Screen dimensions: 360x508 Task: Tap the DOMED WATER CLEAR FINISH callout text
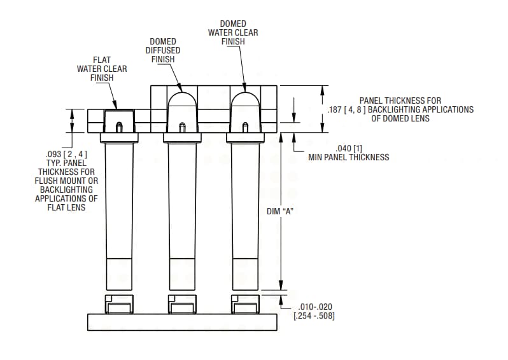click(x=234, y=32)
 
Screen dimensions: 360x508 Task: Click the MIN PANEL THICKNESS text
click(x=348, y=157)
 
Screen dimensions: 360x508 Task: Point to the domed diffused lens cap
click(x=181, y=102)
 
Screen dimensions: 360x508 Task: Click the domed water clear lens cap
click(x=245, y=102)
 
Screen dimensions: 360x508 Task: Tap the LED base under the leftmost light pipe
click(x=118, y=305)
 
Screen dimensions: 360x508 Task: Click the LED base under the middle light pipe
click(x=181, y=305)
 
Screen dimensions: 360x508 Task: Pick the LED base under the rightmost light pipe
click(x=245, y=305)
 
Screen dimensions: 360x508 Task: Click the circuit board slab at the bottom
click(x=181, y=322)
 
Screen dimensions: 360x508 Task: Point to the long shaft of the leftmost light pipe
click(x=118, y=204)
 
